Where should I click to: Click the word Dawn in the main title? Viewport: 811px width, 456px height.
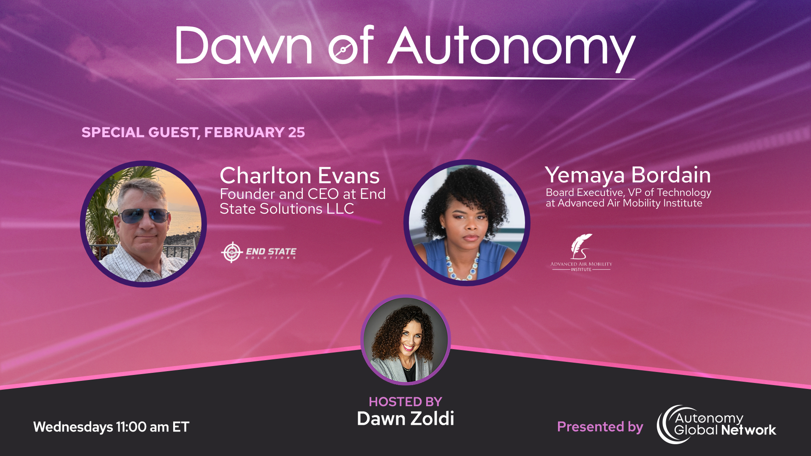(x=244, y=46)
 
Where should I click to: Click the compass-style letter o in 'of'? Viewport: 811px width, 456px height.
(x=343, y=50)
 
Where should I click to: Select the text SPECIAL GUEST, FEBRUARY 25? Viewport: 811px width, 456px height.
(x=193, y=132)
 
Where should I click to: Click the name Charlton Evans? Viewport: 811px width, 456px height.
(x=299, y=175)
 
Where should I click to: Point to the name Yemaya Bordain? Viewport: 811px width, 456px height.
(x=628, y=174)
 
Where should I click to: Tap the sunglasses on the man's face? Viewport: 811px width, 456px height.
(x=144, y=215)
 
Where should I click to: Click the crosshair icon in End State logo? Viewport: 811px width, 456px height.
(x=231, y=252)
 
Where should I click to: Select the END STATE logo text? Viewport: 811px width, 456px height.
(x=271, y=252)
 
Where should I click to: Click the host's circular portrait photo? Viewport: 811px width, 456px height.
(x=405, y=340)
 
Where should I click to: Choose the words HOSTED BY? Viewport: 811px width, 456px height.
(x=405, y=402)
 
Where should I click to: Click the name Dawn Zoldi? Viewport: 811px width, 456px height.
(x=405, y=418)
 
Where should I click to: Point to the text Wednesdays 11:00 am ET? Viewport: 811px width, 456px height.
(x=111, y=427)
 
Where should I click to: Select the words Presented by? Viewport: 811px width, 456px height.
(x=600, y=427)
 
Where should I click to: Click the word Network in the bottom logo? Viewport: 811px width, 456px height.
(x=748, y=430)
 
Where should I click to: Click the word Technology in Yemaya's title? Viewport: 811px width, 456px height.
(x=684, y=193)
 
